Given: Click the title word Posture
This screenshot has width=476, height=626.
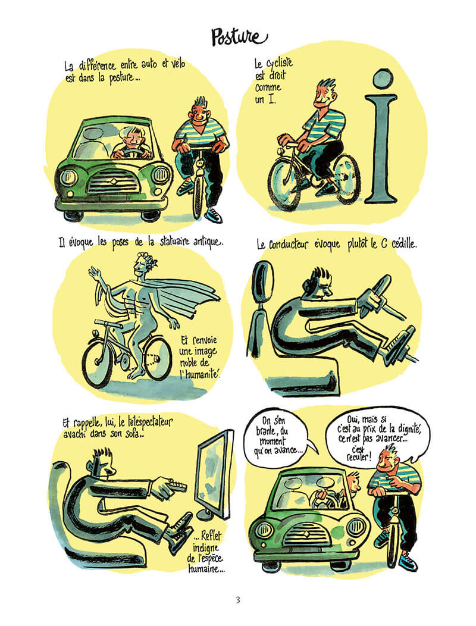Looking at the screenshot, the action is tap(239, 37).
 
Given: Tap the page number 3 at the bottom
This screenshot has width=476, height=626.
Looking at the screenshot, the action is tap(238, 600).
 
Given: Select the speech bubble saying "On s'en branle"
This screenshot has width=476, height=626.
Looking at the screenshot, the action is tap(277, 436).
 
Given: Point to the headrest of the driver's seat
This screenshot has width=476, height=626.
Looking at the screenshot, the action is tap(263, 281).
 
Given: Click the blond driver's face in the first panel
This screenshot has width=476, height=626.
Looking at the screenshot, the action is tap(133, 137).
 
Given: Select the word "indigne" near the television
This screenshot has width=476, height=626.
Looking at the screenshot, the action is tap(206, 547).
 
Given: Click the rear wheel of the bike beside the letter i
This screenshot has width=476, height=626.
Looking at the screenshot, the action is tap(347, 179).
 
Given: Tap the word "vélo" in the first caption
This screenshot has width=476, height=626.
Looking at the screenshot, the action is tap(178, 64).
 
